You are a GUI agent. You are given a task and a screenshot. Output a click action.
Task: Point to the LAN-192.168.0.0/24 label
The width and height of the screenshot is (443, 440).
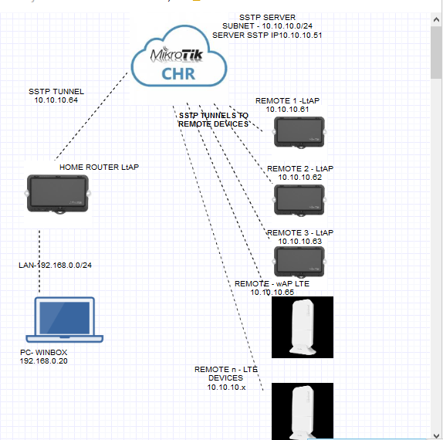tap(55, 266)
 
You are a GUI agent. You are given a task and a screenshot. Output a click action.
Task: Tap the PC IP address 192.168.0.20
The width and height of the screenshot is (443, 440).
tap(44, 360)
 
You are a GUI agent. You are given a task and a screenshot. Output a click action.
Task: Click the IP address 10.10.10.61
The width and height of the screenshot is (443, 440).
tap(287, 110)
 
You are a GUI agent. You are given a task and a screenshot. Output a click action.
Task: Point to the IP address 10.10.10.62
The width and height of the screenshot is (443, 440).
tap(300, 178)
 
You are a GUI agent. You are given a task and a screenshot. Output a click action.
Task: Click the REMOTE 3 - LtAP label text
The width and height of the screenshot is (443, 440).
tap(299, 232)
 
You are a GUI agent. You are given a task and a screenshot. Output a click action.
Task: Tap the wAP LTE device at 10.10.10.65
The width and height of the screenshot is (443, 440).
tap(302, 327)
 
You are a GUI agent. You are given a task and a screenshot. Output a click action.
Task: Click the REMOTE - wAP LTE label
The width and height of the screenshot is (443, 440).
tap(272, 283)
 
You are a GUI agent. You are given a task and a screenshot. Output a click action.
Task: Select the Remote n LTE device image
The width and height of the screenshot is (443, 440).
tap(302, 411)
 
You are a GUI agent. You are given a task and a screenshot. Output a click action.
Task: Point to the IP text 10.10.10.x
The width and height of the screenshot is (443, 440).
tap(225, 388)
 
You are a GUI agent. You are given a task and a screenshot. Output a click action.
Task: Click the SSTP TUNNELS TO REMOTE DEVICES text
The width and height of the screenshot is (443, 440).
tap(214, 119)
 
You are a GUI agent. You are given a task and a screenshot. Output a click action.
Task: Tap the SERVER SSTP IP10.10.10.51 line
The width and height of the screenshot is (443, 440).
tap(268, 36)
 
